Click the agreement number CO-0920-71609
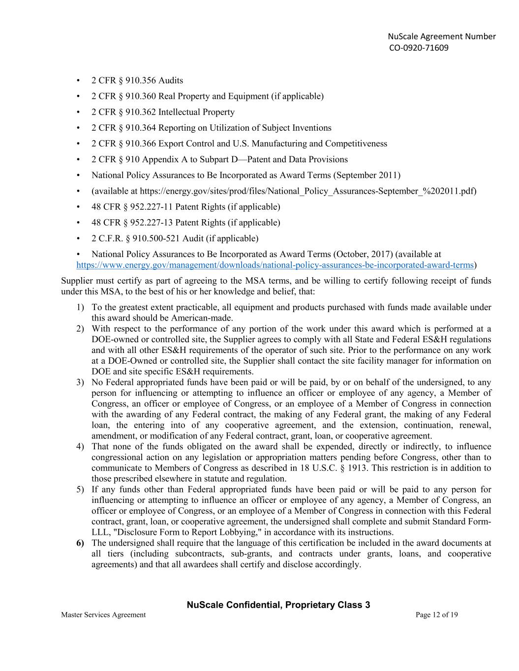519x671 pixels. point(419,48)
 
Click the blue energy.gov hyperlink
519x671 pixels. point(275,265)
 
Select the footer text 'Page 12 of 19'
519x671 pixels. point(436,614)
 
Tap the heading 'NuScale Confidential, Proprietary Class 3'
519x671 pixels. point(278,605)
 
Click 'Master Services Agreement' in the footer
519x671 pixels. point(103,614)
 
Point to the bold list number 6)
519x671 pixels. point(80,543)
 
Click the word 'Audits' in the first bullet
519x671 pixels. point(170,80)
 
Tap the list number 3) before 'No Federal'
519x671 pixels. point(80,382)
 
